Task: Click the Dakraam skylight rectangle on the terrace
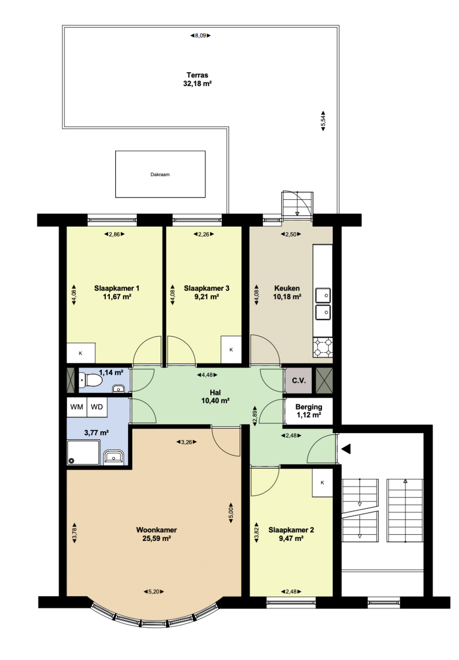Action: click(160, 174)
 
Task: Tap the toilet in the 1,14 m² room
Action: click(91, 380)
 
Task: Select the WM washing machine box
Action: click(77, 407)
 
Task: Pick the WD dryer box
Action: click(97, 407)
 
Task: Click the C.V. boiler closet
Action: click(298, 381)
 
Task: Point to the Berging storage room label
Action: click(308, 407)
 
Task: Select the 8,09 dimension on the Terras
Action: click(200, 36)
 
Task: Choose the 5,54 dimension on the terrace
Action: click(323, 121)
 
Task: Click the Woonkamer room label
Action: click(156, 530)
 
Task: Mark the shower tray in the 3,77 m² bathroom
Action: click(83, 453)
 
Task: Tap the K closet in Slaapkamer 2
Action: click(322, 483)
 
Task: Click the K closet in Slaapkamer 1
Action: click(81, 353)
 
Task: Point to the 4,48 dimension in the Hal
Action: click(207, 375)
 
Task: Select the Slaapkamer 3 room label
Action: click(207, 288)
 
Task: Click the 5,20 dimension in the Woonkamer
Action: click(154, 591)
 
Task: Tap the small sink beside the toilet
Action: click(119, 389)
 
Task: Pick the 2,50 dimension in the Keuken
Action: click(290, 234)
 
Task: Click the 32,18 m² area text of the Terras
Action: click(197, 84)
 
